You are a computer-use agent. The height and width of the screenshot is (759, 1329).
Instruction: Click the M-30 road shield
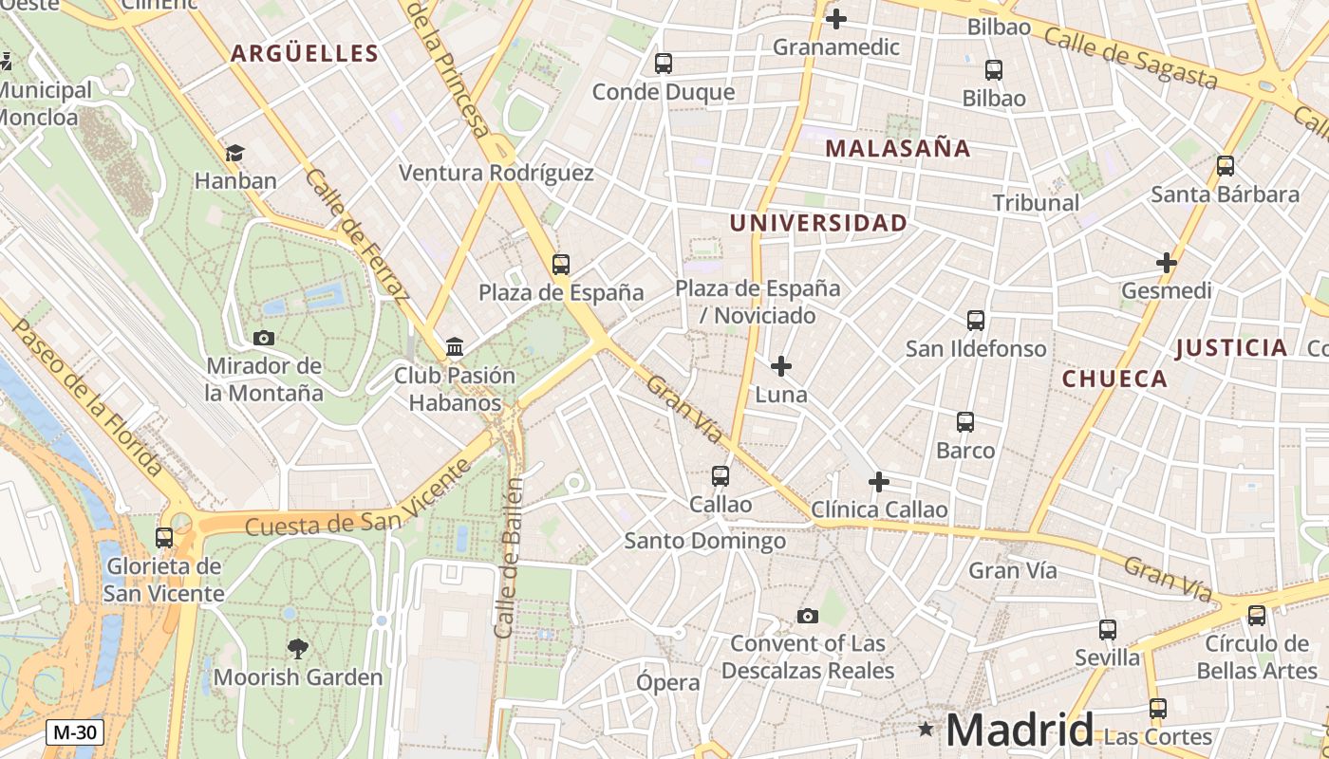75,732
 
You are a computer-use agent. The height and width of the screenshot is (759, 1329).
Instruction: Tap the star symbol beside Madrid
926,729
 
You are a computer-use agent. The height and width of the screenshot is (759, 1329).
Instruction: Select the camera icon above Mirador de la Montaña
264,338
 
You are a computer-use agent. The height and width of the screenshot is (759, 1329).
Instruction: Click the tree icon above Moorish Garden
298,649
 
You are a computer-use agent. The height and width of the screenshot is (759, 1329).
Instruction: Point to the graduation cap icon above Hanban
234,153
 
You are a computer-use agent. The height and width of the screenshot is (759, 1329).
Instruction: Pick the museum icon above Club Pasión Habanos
455,347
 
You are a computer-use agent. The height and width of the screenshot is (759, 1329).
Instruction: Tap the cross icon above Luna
781,366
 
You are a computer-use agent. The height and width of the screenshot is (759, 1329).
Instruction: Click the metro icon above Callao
721,476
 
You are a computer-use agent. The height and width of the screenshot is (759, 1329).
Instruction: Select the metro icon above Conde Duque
664,64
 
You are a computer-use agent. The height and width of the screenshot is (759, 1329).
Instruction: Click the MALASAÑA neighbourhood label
897,148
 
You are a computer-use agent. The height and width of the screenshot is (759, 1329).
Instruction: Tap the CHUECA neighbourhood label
1114,379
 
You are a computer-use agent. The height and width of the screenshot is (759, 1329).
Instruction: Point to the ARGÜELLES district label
305,53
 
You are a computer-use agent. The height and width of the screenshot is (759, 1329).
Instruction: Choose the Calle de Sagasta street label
1130,57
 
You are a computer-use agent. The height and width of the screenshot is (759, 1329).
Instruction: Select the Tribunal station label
1036,202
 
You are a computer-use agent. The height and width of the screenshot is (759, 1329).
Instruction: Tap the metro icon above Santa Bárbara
1226,166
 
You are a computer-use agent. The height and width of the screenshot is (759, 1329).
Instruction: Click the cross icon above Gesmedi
1167,263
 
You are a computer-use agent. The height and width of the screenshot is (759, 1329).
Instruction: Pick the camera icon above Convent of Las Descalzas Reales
808,617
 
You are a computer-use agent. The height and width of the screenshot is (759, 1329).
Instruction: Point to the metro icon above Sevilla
1108,629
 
